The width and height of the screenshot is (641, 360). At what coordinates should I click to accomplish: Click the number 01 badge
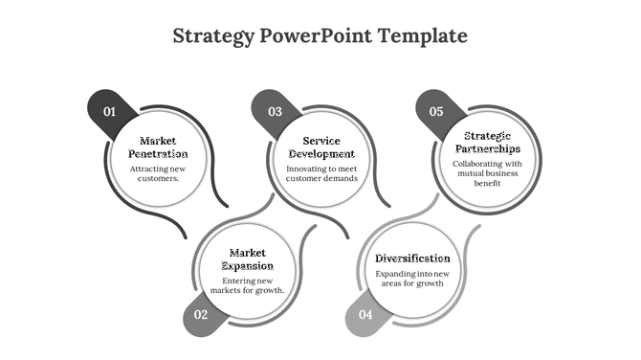pos(109,112)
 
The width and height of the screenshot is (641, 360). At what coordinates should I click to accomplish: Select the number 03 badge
pos(275,112)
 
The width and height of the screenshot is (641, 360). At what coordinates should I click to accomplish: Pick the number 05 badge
pos(436,112)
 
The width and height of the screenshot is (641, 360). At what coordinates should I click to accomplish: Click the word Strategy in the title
pos(214,36)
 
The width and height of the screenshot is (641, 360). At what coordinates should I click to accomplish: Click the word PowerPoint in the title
pos(316,36)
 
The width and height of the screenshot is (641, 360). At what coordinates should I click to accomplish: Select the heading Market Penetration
pos(158,147)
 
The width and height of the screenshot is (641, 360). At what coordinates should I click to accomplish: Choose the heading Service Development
pos(321,147)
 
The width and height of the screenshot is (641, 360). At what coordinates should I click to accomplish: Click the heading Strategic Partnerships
pos(486,143)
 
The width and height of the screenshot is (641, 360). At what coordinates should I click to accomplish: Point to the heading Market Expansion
pos(248,259)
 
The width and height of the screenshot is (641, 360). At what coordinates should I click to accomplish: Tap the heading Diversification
pos(412,259)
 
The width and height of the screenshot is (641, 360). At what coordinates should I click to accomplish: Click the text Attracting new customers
pos(158,173)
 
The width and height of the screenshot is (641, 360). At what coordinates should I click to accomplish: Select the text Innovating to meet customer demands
pos(321,173)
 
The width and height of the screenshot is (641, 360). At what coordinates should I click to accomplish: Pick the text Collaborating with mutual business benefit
pos(487,173)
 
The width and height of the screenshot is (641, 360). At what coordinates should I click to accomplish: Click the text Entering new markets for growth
pos(248,284)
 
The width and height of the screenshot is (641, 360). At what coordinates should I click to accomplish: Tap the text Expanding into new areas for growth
pos(412,279)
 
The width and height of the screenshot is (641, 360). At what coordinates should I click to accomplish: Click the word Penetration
pos(158,154)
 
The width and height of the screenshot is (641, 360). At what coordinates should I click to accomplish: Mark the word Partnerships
pos(486,149)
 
